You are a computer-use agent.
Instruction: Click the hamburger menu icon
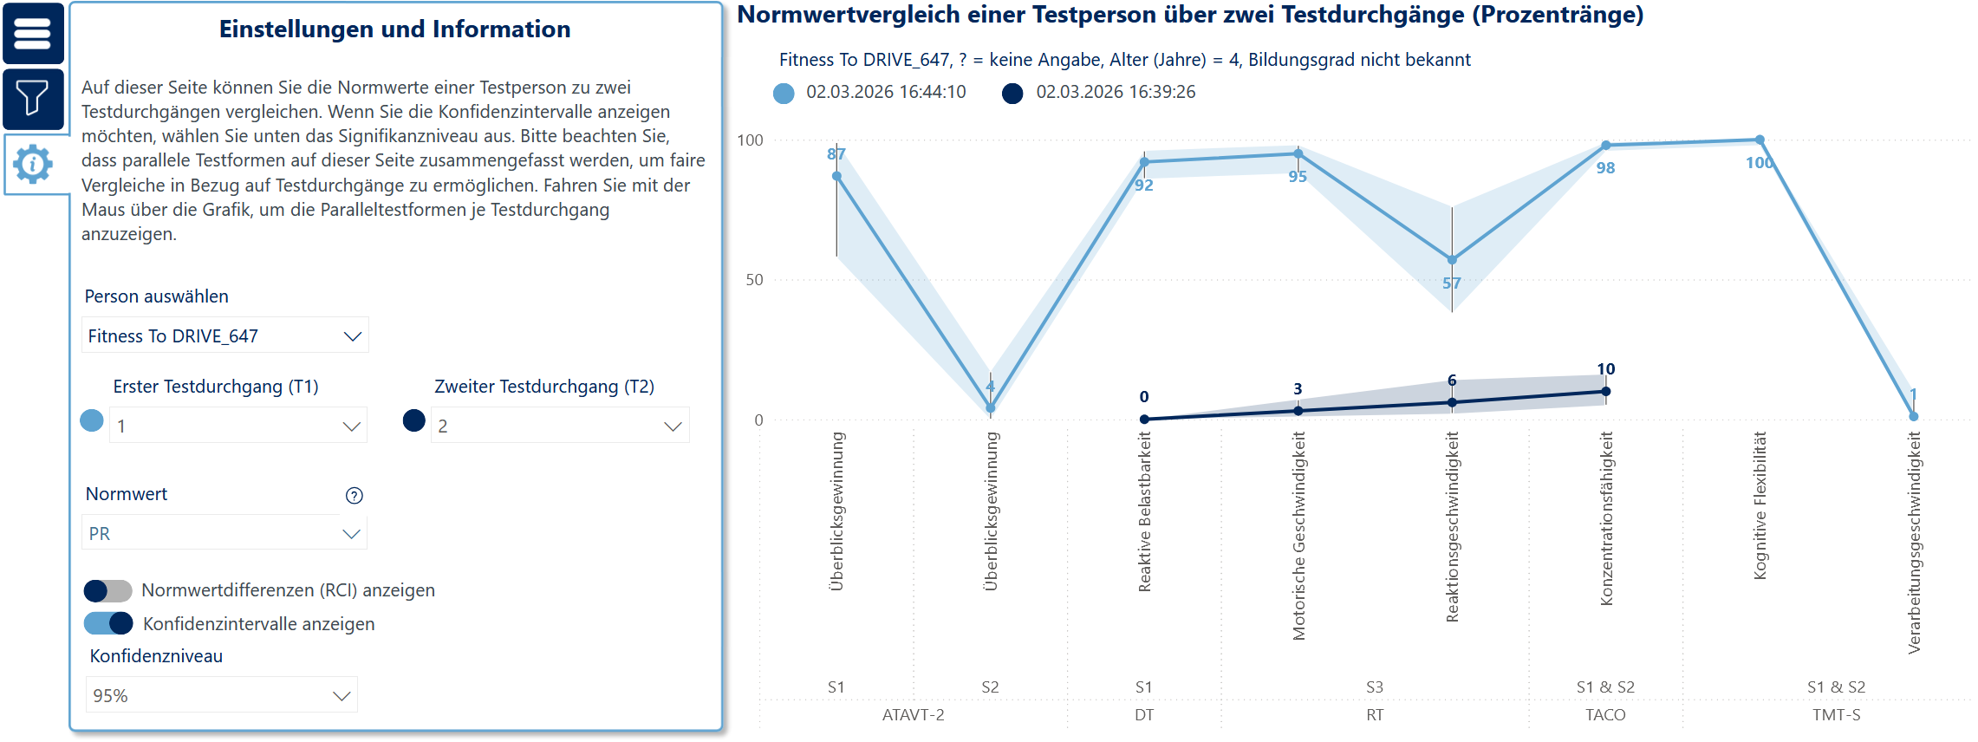33,34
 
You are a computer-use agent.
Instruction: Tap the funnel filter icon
33,98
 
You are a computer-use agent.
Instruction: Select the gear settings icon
33,164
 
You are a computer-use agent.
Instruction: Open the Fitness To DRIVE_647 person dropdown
224,335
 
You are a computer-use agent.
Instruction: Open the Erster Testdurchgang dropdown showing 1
237,426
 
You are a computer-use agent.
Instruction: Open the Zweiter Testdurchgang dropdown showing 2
559,426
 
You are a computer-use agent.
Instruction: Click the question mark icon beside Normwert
354,495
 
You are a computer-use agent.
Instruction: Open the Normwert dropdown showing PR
224,533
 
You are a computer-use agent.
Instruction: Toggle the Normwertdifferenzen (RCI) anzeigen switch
108,590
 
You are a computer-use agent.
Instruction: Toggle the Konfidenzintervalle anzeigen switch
108,623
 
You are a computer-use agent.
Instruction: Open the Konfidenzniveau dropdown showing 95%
221,695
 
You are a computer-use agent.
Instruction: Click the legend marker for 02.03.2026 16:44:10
784,93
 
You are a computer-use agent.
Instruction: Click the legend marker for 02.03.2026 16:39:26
1012,93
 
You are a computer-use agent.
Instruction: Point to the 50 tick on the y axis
754,280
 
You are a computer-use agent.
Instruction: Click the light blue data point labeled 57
1452,260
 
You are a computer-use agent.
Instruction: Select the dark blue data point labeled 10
1605,392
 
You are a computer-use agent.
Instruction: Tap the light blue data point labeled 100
1760,140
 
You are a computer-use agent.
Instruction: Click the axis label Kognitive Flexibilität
1760,505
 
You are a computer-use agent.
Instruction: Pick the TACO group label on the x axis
1605,715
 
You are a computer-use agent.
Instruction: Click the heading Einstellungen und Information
394,29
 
